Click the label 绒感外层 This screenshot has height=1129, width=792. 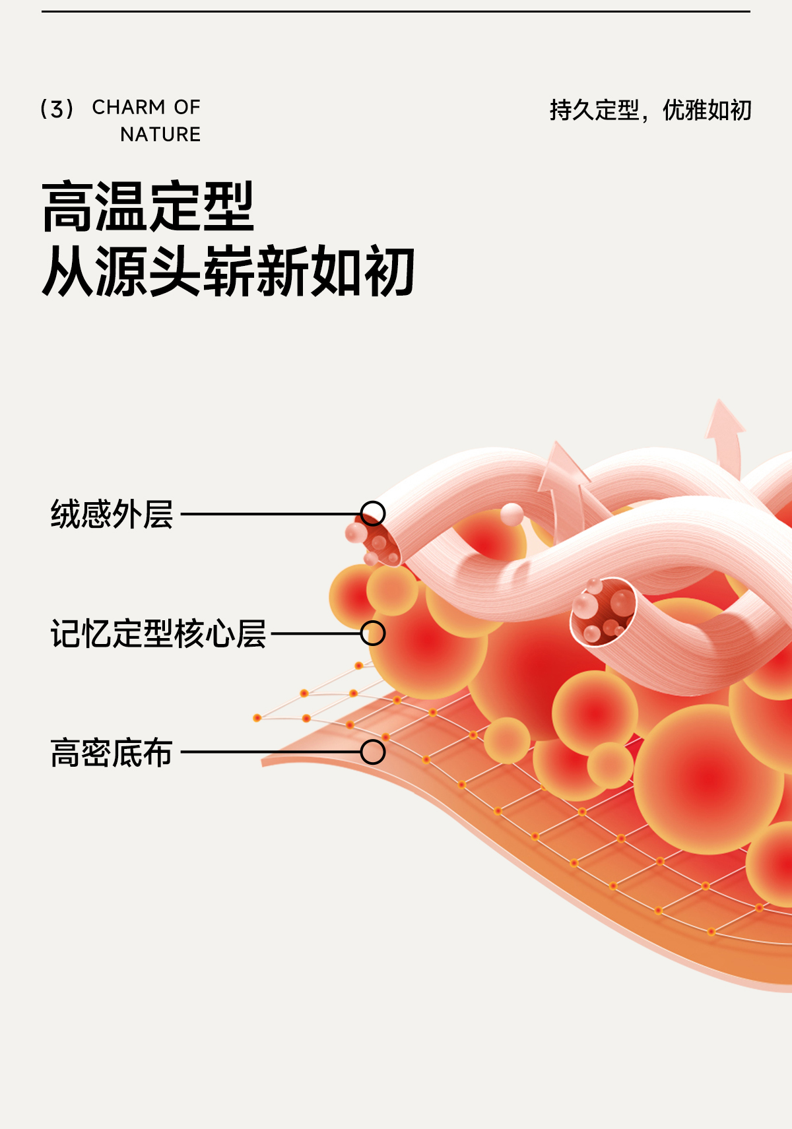pos(112,515)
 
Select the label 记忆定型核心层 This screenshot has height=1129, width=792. pos(158,634)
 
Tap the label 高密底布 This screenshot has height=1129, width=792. pos(112,753)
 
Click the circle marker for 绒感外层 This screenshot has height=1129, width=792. pos(373,513)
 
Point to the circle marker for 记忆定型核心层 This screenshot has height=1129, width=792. pos(373,633)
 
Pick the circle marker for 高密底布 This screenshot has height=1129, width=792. pos(373,752)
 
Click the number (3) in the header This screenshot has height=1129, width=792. pos(57,109)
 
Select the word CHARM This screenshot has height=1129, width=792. pos(129,107)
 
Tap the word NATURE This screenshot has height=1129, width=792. pos(160,135)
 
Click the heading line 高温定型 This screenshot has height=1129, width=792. pos(148,207)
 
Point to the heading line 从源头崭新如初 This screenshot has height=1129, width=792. pos(228,271)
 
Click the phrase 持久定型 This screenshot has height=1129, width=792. pos(594,110)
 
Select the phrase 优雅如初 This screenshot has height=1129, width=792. pos(707,110)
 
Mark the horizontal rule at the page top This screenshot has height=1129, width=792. pos(396,11)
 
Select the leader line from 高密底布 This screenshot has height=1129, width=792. pos(271,752)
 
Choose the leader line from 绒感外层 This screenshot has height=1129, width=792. pos(271,513)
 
